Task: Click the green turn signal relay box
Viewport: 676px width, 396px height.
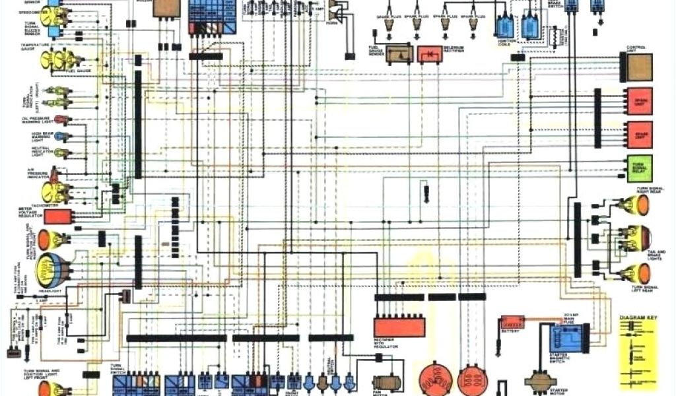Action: (x=640, y=167)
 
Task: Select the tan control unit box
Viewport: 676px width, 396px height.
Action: (x=640, y=67)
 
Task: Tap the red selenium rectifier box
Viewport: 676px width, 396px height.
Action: (x=430, y=54)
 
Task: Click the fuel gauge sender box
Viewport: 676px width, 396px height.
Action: (x=399, y=54)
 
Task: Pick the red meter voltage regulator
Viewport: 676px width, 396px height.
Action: (x=57, y=216)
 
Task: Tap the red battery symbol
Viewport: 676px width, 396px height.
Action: (x=512, y=324)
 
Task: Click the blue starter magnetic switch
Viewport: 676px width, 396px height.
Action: (x=565, y=339)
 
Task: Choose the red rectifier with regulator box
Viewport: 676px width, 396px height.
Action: (x=399, y=326)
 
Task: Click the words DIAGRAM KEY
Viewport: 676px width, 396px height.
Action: (x=639, y=318)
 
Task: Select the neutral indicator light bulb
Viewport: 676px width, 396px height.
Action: (x=61, y=152)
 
